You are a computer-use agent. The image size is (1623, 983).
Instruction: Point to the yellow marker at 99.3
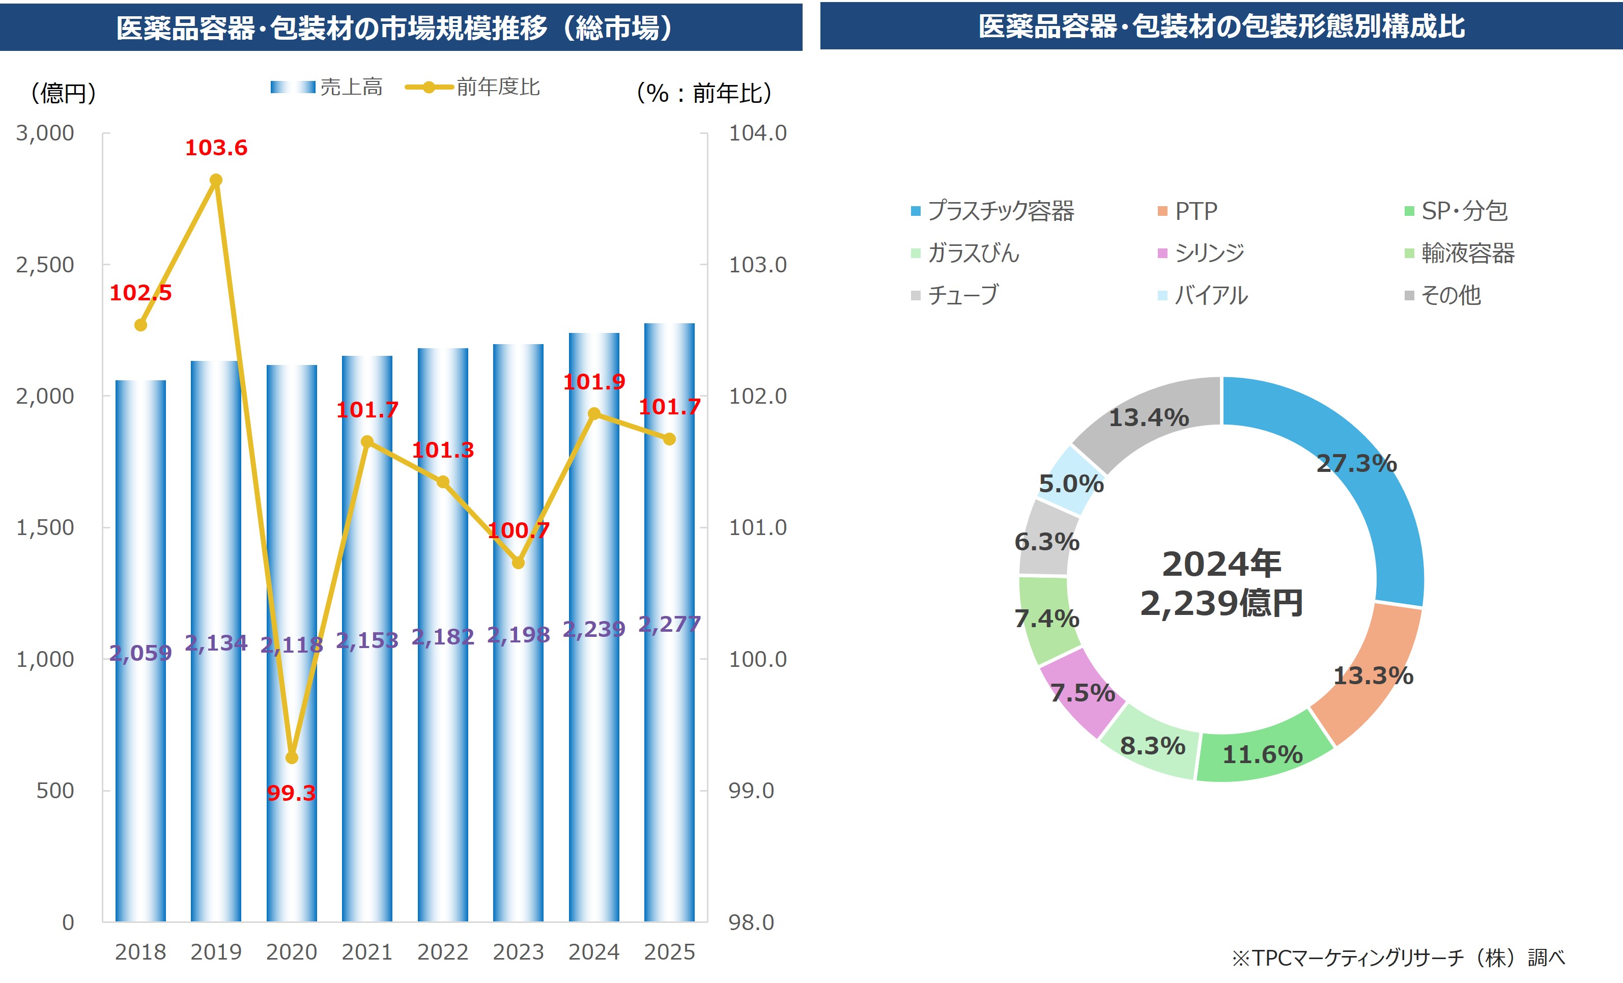pos(292,757)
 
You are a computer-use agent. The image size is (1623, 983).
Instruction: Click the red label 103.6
pos(216,148)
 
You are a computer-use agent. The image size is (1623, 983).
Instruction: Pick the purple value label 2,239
pos(593,629)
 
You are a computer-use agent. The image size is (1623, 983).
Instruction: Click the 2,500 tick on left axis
pos(45,265)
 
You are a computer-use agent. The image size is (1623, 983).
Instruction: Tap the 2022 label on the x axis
pos(443,951)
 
